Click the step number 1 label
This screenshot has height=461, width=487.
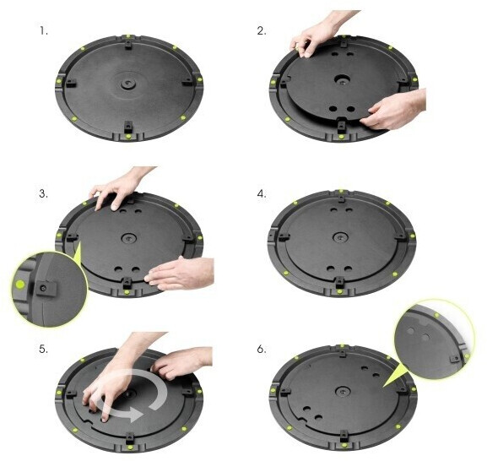[x=44, y=31]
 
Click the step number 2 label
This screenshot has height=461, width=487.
[x=262, y=31]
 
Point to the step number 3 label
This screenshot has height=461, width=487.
[x=44, y=194]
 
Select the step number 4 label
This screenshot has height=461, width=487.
[x=262, y=194]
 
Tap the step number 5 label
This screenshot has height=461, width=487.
[x=44, y=350]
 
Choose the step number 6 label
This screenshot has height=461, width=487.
[x=262, y=350]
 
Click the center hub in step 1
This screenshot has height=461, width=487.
[x=127, y=84]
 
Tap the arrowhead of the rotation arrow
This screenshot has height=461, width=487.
[x=135, y=414]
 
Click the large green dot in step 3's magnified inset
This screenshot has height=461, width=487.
[x=20, y=284]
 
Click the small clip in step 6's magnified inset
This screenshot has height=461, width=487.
[x=455, y=360]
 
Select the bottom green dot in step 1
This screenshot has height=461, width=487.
[x=127, y=137]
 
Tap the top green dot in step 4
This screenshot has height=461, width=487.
[x=341, y=191]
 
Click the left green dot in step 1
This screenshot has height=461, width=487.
[x=59, y=81]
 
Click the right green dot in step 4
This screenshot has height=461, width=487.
[x=413, y=236]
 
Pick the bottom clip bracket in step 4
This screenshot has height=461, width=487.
[x=340, y=282]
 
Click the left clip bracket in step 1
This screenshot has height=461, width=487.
[x=71, y=83]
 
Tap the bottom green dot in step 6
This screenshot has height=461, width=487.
[x=344, y=448]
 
